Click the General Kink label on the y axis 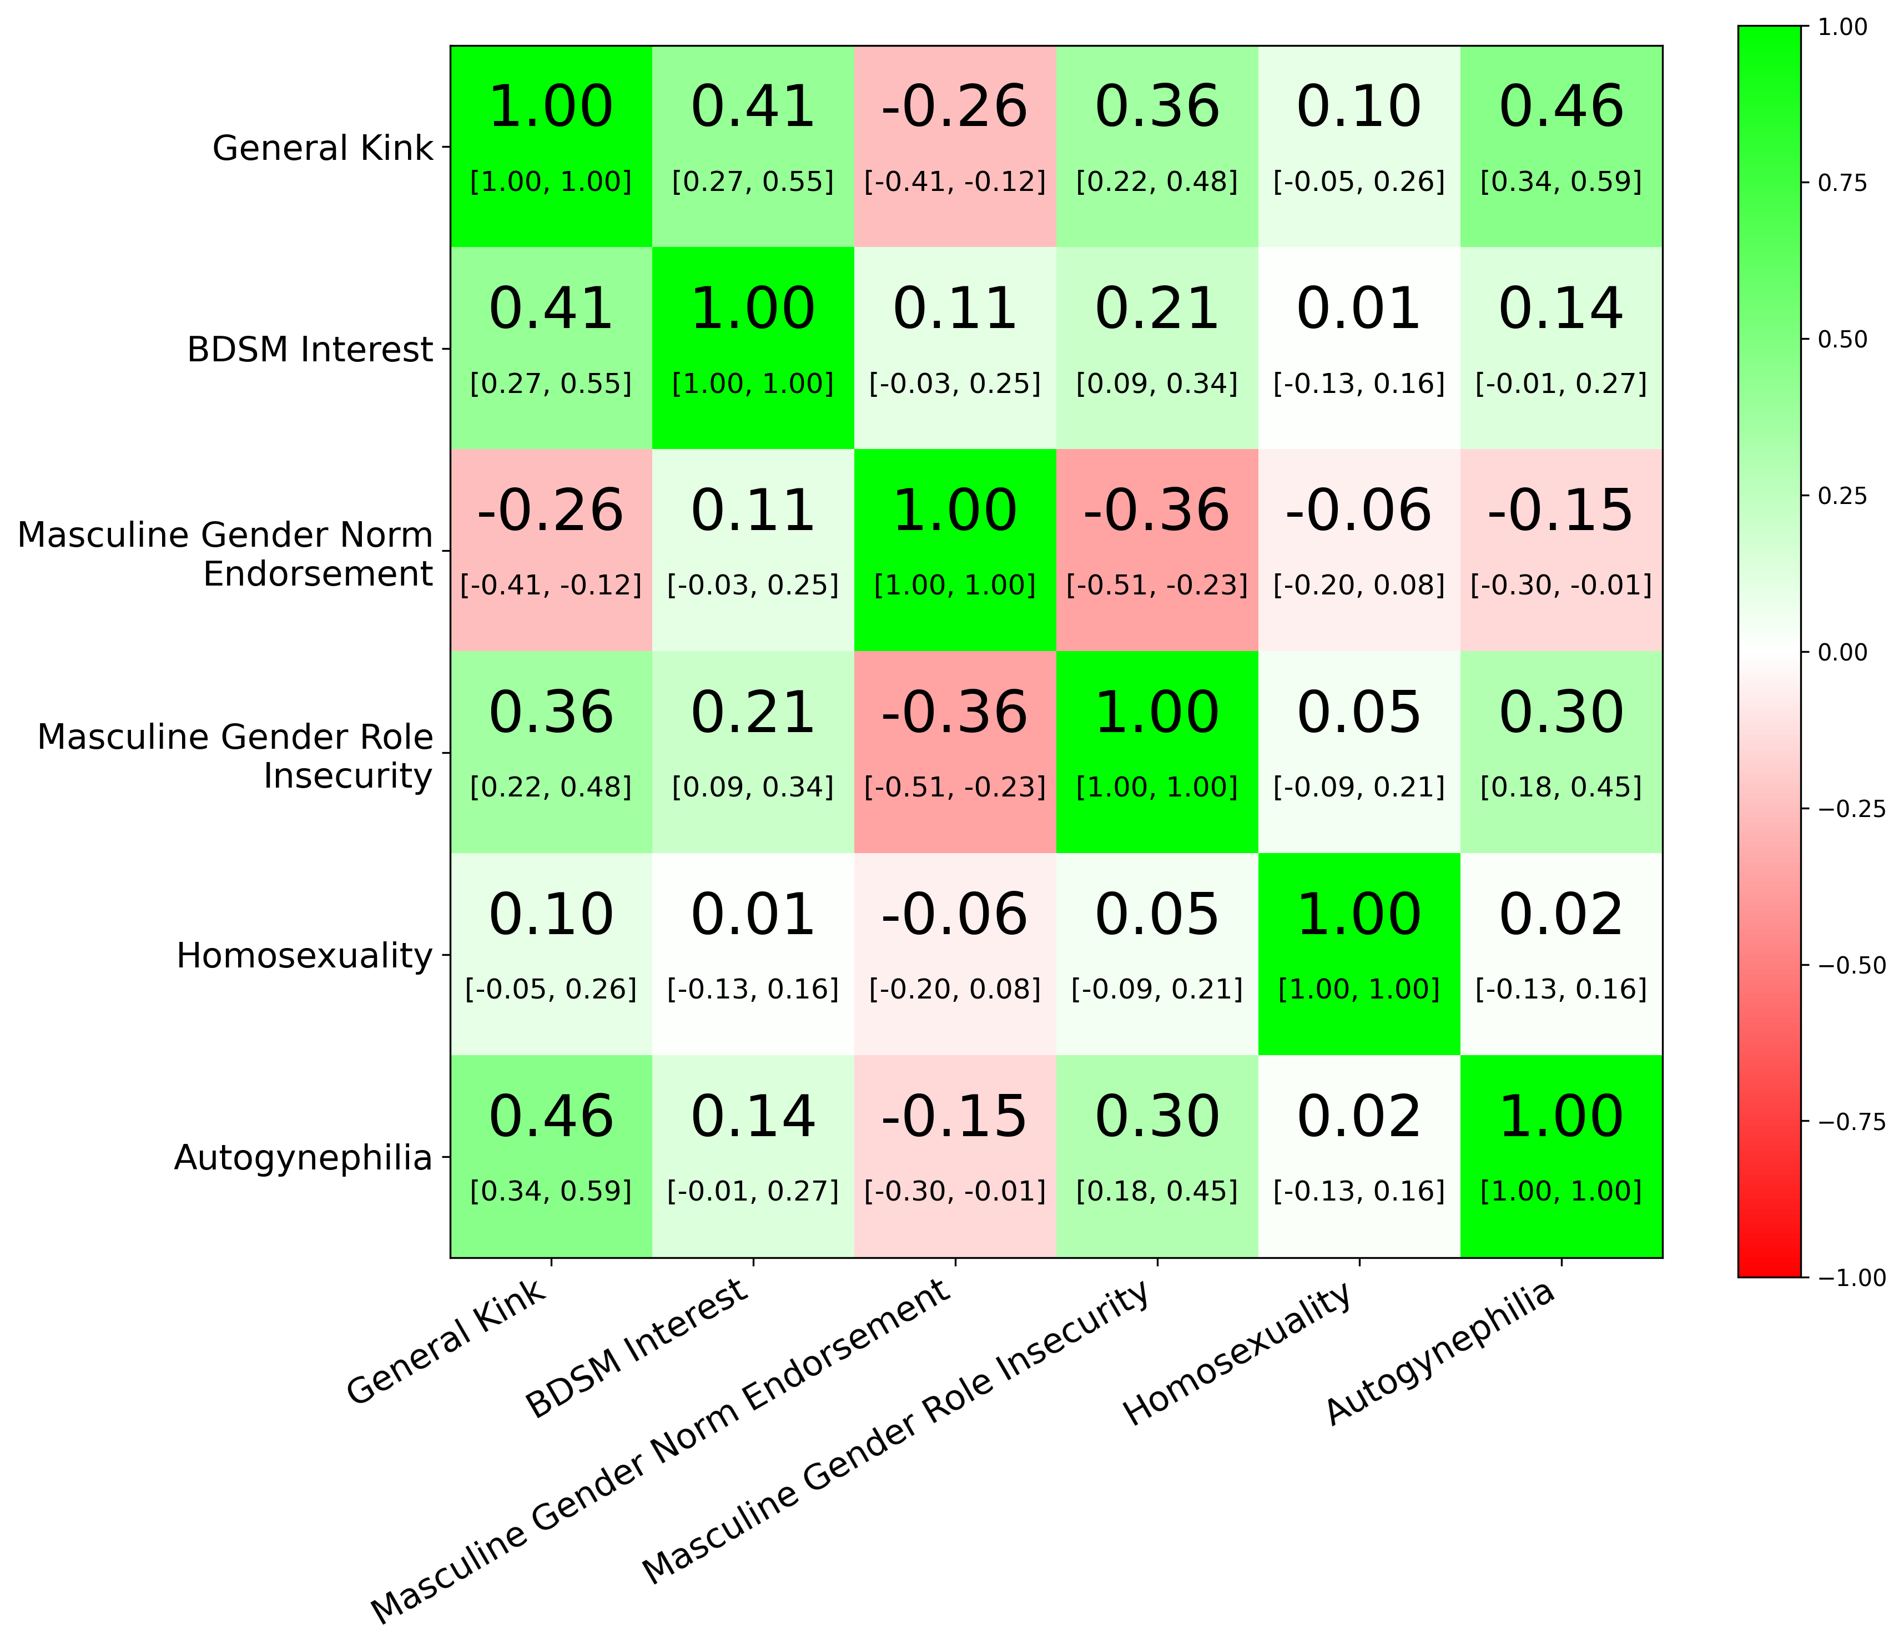point(322,147)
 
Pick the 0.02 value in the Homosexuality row point(1561,916)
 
